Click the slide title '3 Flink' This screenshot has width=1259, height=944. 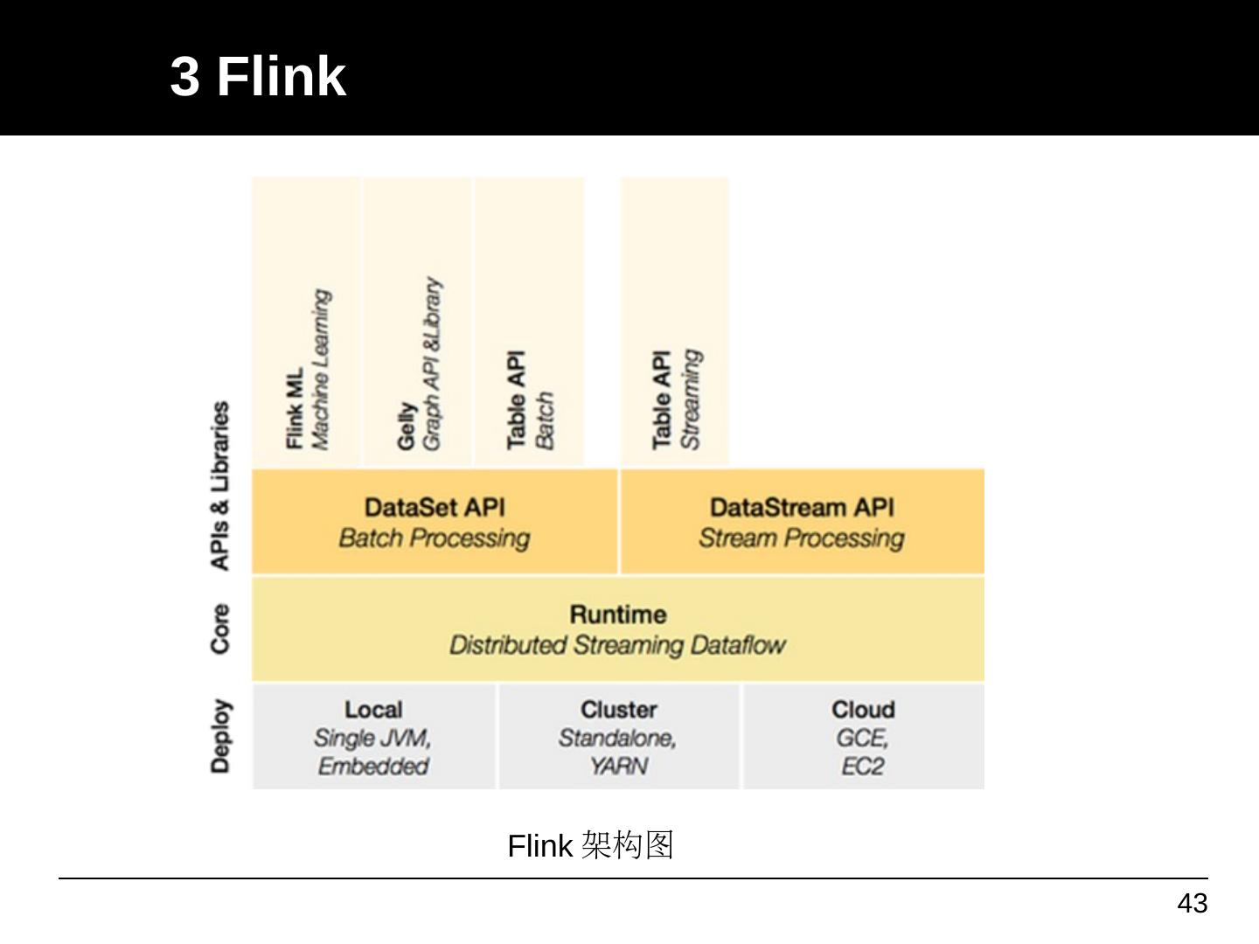click(x=258, y=76)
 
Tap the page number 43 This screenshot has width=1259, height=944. click(x=1192, y=903)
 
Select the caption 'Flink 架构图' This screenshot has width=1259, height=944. click(x=590, y=845)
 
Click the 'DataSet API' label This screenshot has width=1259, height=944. click(x=435, y=508)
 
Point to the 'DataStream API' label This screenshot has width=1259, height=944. click(x=802, y=508)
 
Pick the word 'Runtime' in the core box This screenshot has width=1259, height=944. click(x=618, y=614)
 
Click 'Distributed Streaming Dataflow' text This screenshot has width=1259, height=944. click(x=617, y=645)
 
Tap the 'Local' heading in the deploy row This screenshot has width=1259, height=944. click(x=373, y=710)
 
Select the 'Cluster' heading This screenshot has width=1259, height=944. click(x=618, y=710)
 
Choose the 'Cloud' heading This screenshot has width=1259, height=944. click(x=863, y=710)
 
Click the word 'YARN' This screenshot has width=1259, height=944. click(x=618, y=767)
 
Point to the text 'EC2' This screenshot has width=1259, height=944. click(x=863, y=767)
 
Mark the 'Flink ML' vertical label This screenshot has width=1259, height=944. click(x=295, y=408)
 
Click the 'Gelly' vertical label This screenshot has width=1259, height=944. click(x=406, y=427)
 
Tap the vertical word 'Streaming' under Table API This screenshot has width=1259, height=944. click(x=691, y=399)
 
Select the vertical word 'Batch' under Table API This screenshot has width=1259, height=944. click(x=544, y=420)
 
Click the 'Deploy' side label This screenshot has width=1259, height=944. click(x=220, y=736)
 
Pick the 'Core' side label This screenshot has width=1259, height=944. click(x=220, y=628)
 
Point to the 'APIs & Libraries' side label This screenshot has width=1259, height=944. click(x=220, y=486)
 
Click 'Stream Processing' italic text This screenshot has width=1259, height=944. click(x=802, y=538)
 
